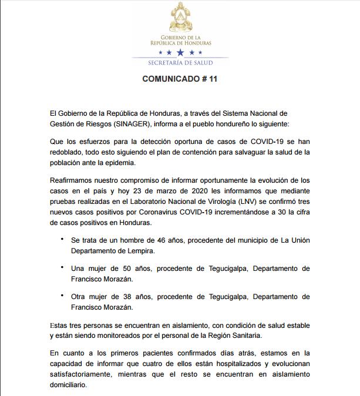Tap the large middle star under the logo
180,52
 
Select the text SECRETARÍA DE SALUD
180,62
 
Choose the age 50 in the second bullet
118,269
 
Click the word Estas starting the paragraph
60,324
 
